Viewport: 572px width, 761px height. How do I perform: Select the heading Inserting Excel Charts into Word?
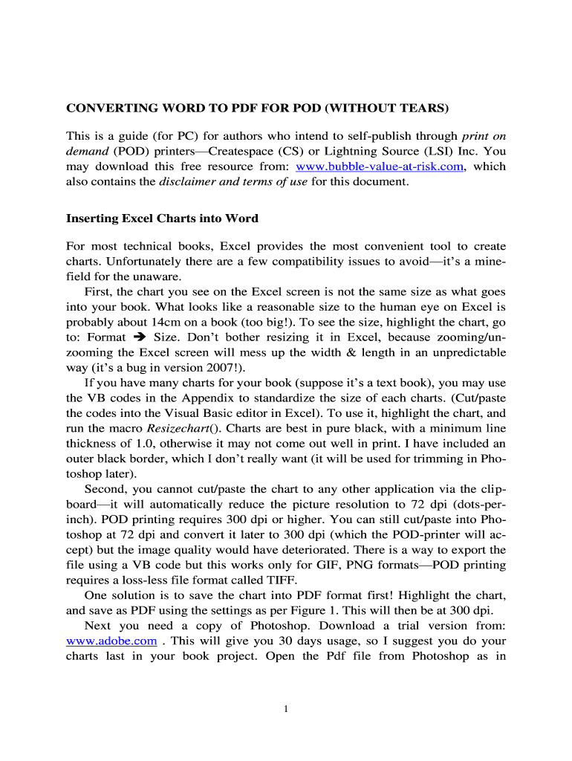[x=162, y=218]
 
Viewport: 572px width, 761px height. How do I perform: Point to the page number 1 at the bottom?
[x=286, y=708]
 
